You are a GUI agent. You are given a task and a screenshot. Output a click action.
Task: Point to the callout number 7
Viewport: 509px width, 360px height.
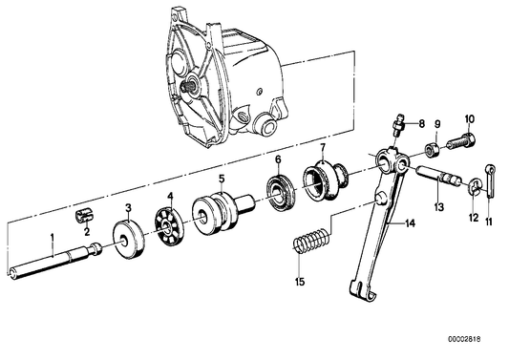pyautogui.click(x=324, y=148)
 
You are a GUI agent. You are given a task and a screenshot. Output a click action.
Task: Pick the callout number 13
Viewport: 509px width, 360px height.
pyautogui.click(x=438, y=206)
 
